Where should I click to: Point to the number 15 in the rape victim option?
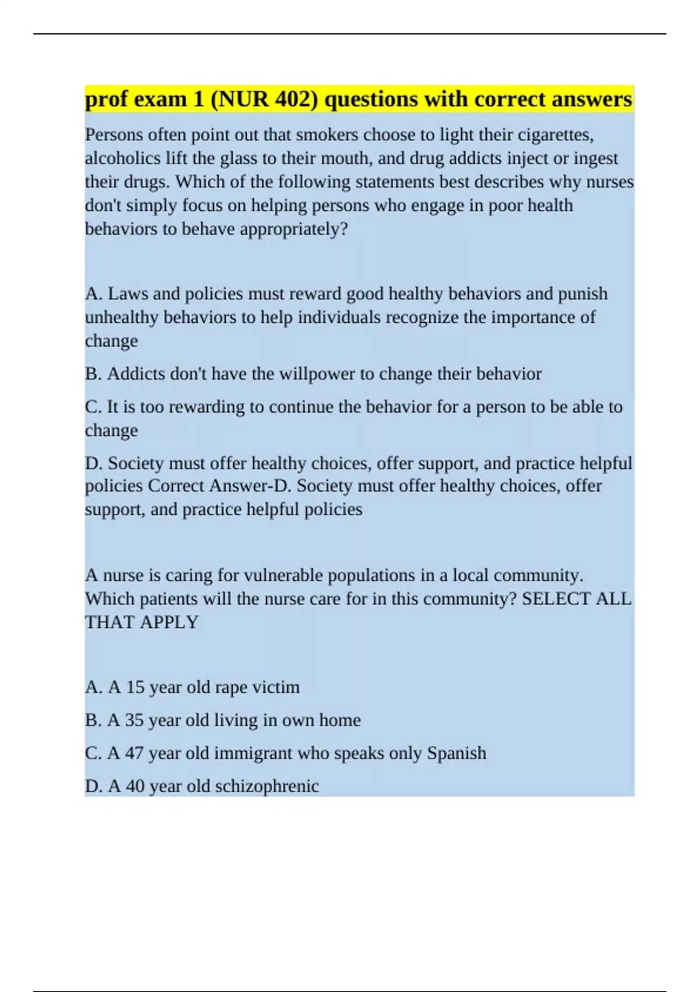pyautogui.click(x=135, y=687)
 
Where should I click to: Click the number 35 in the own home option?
pyautogui.click(x=134, y=720)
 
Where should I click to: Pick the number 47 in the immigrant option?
pyautogui.click(x=134, y=753)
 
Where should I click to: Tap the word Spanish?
pyautogui.click(x=456, y=753)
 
